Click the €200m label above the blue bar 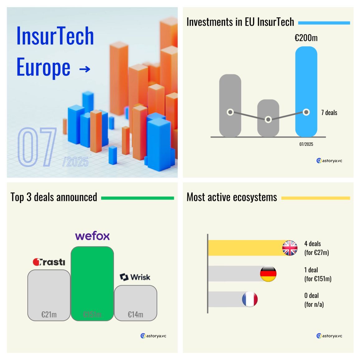click(x=306, y=38)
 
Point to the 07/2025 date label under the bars click(x=306, y=144)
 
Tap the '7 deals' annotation click(x=329, y=113)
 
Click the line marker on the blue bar click(x=306, y=112)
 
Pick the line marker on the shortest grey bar click(x=268, y=119)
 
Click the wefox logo click(x=92, y=236)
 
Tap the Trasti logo click(x=49, y=262)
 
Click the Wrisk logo click(x=135, y=277)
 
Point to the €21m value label click(x=49, y=315)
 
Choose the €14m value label click(x=135, y=315)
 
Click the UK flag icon click(x=290, y=248)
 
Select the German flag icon click(x=268, y=274)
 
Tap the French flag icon click(x=250, y=299)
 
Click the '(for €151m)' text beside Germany click(x=318, y=279)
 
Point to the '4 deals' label click(x=312, y=244)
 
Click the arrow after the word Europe click(x=85, y=69)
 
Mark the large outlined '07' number click(x=37, y=147)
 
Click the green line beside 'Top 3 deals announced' click(x=137, y=198)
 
